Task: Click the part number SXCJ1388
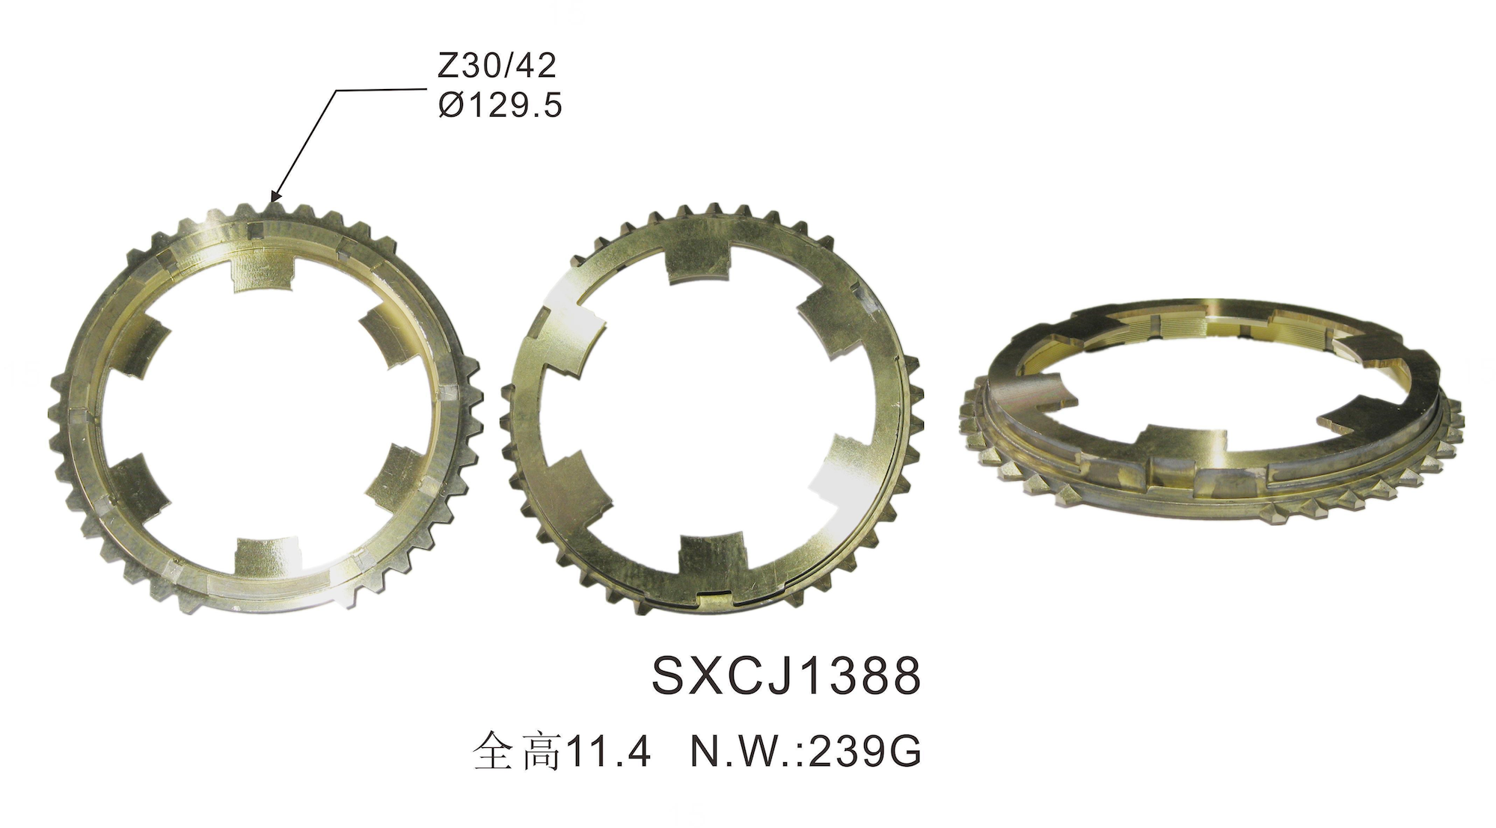click(786, 676)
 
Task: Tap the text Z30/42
click(497, 67)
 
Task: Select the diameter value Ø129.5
click(500, 105)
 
